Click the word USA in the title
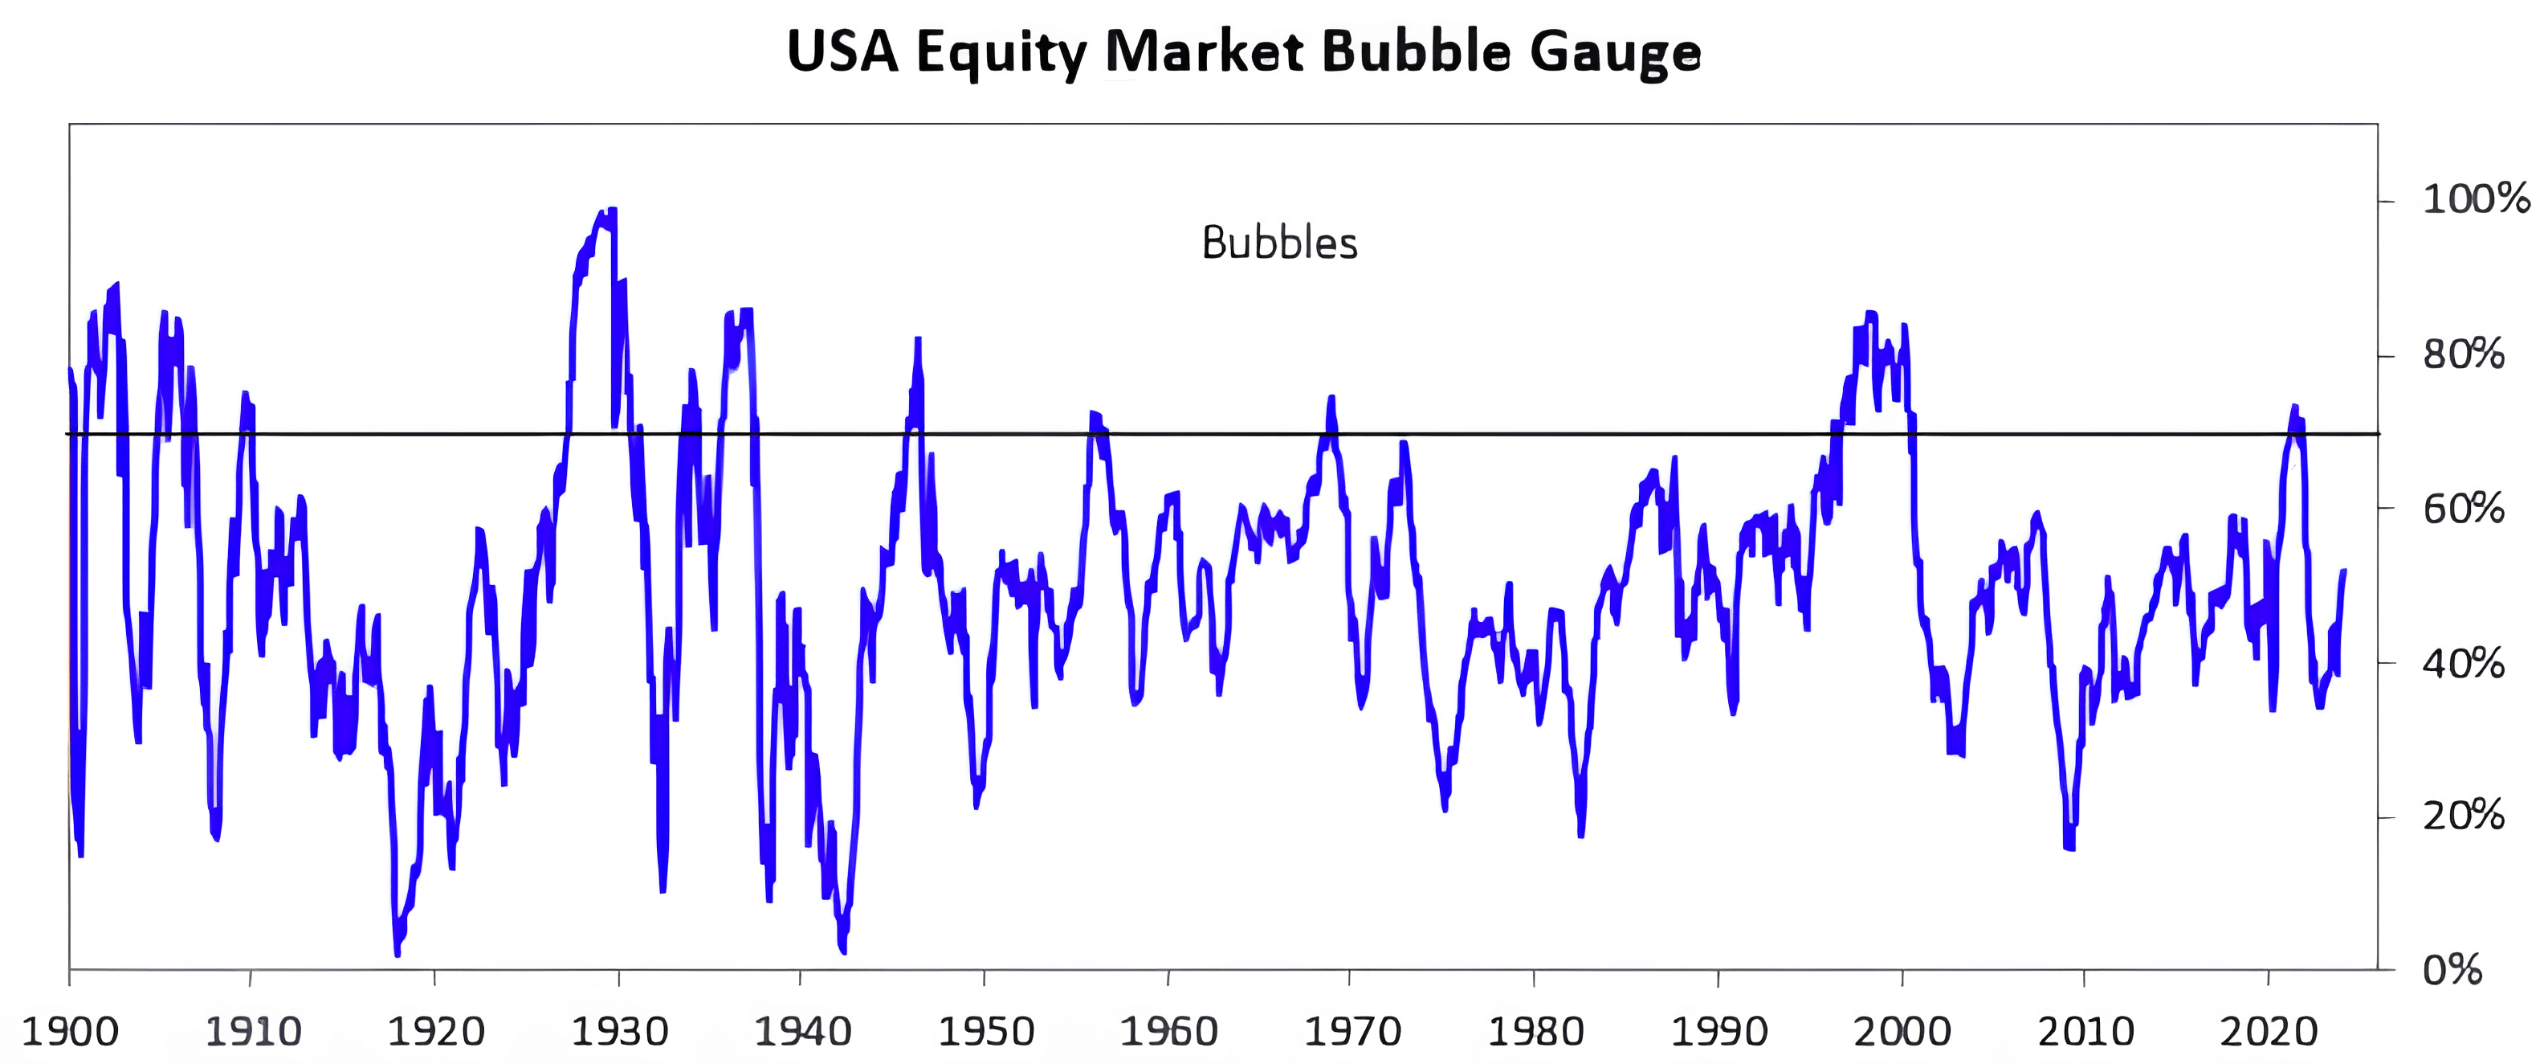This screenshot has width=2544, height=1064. point(842,51)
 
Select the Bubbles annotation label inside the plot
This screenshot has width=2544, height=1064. point(1280,243)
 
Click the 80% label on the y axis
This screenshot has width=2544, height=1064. point(2463,354)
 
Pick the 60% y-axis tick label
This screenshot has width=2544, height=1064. point(2463,509)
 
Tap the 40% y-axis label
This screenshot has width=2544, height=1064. point(2463,663)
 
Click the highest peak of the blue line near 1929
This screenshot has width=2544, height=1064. point(612,210)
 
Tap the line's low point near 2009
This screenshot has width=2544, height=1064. point(2068,848)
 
